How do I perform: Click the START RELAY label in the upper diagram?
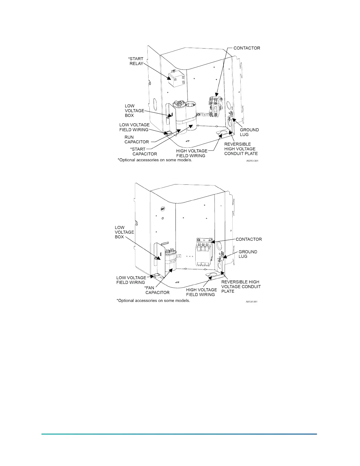(x=136, y=61)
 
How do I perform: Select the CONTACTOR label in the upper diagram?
(x=247, y=48)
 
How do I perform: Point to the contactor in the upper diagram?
(x=214, y=107)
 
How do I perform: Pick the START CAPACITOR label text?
(x=144, y=152)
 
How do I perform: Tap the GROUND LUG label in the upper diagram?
(x=249, y=132)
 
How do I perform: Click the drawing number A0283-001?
(x=252, y=161)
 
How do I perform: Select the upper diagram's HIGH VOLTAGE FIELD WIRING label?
(x=191, y=153)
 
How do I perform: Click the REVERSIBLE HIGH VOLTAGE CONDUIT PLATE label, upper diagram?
(x=241, y=149)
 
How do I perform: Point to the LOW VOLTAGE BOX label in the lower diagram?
(x=124, y=232)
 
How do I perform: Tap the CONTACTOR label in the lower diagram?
(x=249, y=239)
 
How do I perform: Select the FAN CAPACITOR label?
(x=157, y=290)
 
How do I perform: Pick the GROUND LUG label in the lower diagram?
(x=248, y=254)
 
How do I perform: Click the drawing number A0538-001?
(x=251, y=302)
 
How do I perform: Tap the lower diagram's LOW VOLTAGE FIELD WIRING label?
(x=131, y=280)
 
